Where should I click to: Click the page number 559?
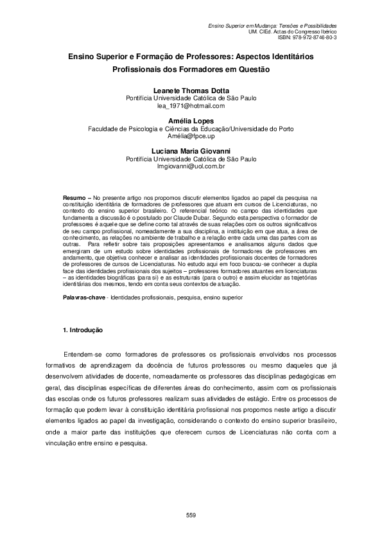(191, 515)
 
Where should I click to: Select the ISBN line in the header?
(310, 37)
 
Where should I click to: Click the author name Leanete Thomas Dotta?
(191, 91)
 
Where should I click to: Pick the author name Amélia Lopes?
(191, 121)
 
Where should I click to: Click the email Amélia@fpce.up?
(191, 136)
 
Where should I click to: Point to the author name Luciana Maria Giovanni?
(191, 151)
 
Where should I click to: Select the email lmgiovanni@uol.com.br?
(191, 166)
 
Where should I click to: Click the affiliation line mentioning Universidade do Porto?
(191, 129)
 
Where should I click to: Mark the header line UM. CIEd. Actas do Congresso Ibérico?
(292, 31)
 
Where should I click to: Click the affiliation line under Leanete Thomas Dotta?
(191, 98)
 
